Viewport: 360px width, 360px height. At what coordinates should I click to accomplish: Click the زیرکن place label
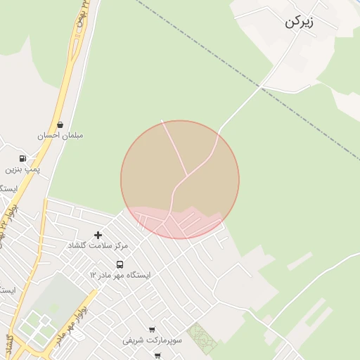click(300, 21)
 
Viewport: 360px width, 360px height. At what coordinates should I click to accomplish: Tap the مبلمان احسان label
click(60, 135)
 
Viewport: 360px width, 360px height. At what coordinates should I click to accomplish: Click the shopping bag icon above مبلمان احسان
click(60, 124)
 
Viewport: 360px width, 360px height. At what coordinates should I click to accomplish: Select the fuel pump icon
click(23, 159)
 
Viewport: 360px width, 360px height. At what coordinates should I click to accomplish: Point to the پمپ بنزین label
click(23, 169)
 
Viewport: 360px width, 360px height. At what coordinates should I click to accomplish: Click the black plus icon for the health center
click(98, 235)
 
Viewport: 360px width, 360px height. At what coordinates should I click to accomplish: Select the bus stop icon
click(120, 265)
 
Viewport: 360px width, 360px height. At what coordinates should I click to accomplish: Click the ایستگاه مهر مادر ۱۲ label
click(120, 275)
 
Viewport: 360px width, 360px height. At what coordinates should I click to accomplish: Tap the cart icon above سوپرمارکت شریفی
click(152, 329)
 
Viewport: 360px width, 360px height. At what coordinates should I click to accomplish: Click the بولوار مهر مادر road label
click(70, 328)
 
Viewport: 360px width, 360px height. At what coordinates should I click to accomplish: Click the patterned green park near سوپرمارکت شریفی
click(202, 338)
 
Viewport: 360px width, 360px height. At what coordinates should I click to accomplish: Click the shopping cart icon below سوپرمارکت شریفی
click(157, 356)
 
